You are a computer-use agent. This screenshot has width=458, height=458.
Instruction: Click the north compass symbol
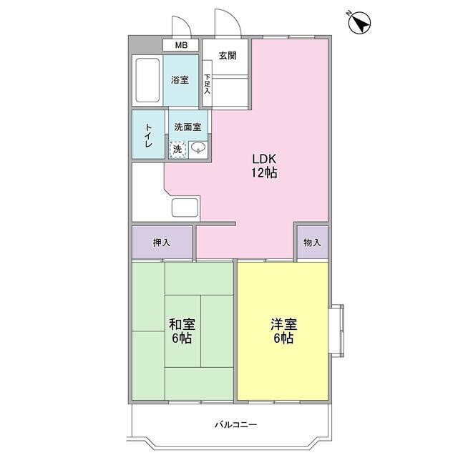coord(359,22)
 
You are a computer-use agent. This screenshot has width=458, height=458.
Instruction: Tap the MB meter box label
coord(181,45)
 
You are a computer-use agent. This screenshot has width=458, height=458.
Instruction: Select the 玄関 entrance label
coord(228,56)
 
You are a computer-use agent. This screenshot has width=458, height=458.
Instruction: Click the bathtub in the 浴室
coord(147,80)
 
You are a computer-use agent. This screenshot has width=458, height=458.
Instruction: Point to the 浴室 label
coord(180,79)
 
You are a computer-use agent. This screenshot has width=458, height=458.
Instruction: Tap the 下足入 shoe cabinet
coord(207,84)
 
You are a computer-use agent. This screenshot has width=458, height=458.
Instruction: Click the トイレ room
coord(148,135)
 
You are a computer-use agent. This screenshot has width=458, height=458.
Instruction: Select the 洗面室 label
coord(187,127)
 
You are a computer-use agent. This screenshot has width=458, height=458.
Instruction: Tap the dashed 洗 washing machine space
coord(178,150)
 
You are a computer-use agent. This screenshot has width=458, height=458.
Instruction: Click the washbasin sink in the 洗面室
coord(198,147)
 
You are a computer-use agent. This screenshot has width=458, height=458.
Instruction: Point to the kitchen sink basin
coord(185,208)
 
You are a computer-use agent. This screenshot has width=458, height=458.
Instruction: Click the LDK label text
coord(264,159)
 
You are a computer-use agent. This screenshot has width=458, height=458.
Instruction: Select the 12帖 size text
coord(264,173)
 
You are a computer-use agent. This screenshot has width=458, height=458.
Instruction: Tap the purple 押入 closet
coord(162,242)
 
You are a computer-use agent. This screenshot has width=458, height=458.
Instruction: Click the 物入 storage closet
coord(313,242)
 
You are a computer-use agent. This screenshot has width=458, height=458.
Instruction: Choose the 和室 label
coord(182,324)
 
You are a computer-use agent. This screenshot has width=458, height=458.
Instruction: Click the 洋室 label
coord(283,324)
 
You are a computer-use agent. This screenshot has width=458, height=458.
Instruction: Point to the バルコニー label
coord(235,424)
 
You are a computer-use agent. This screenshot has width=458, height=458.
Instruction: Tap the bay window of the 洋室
coord(336,331)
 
